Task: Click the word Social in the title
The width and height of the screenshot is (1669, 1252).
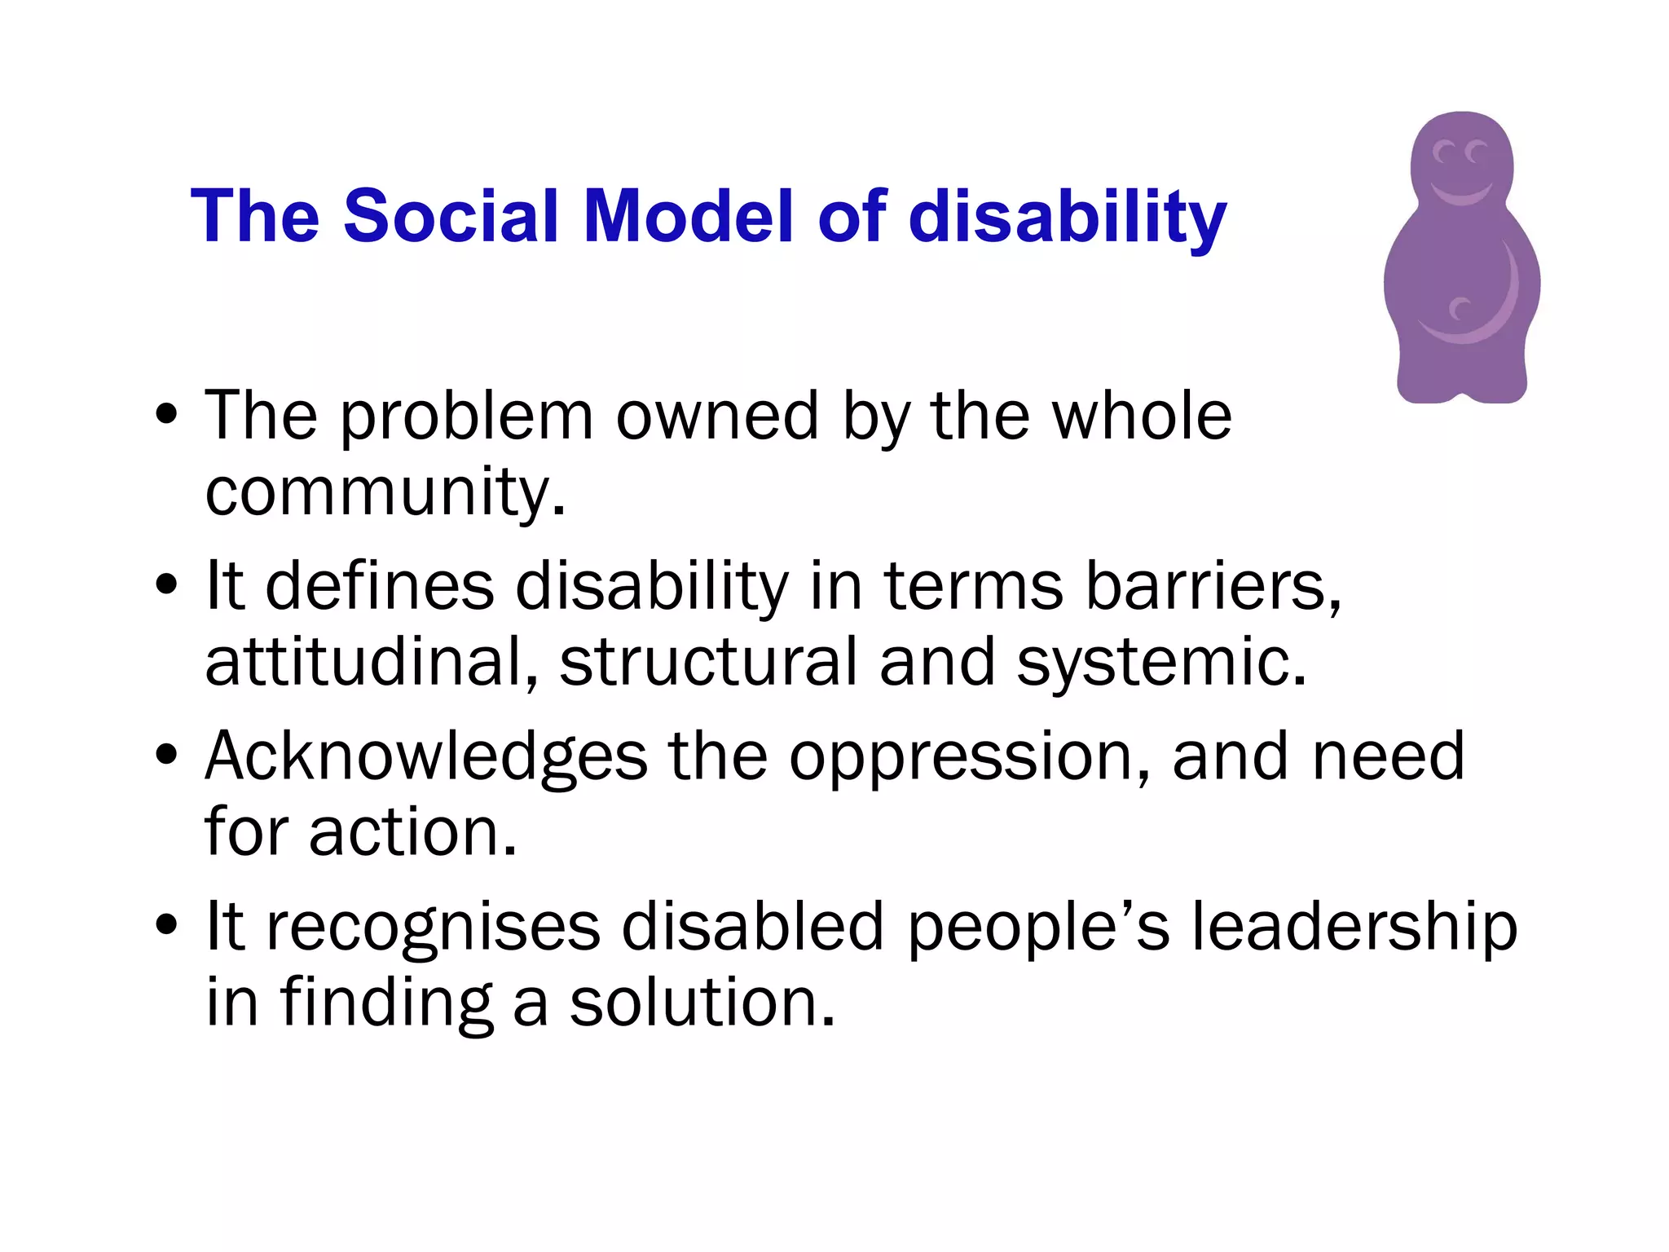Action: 451,216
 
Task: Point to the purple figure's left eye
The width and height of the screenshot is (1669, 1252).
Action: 1444,152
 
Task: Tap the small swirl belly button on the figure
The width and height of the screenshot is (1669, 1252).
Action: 1459,310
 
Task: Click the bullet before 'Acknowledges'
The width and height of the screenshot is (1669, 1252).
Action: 166,756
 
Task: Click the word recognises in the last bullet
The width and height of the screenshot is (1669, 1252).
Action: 433,927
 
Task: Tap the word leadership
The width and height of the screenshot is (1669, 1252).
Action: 1354,927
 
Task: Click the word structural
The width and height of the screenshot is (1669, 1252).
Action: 708,661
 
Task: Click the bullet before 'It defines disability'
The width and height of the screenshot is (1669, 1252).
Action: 166,585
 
